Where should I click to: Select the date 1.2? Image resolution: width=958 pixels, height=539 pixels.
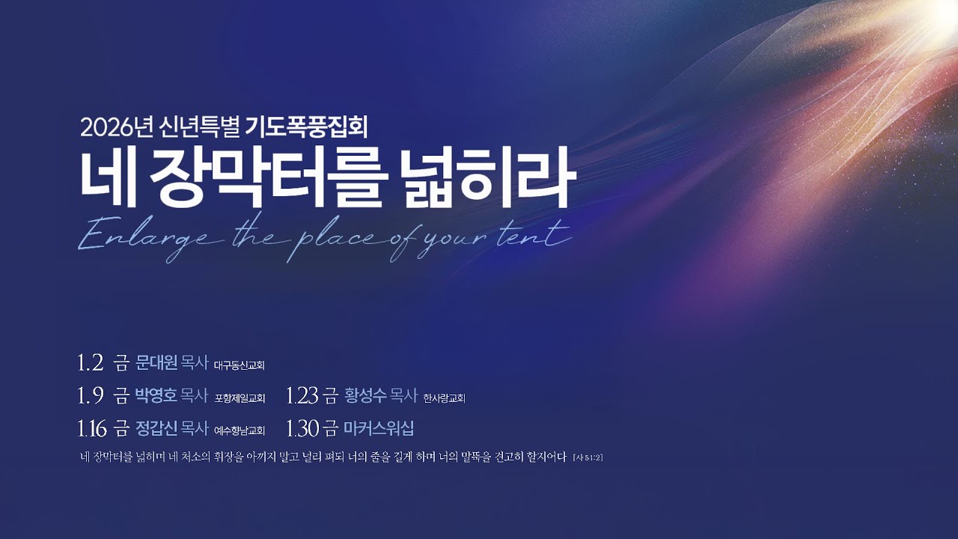tap(90, 364)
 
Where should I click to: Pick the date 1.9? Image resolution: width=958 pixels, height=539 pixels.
tap(90, 393)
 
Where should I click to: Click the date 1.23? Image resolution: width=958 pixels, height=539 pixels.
tap(303, 393)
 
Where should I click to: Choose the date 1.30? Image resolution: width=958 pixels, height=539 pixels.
tap(303, 428)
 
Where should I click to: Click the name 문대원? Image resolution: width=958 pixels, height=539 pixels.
tap(156, 364)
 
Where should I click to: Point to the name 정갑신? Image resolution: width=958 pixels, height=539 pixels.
tap(156, 428)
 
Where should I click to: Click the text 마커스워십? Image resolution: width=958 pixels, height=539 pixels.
tap(379, 428)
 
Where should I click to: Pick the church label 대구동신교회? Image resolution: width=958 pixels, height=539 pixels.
tap(239, 366)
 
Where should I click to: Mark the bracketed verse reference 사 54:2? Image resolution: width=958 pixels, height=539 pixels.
tap(587, 457)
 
